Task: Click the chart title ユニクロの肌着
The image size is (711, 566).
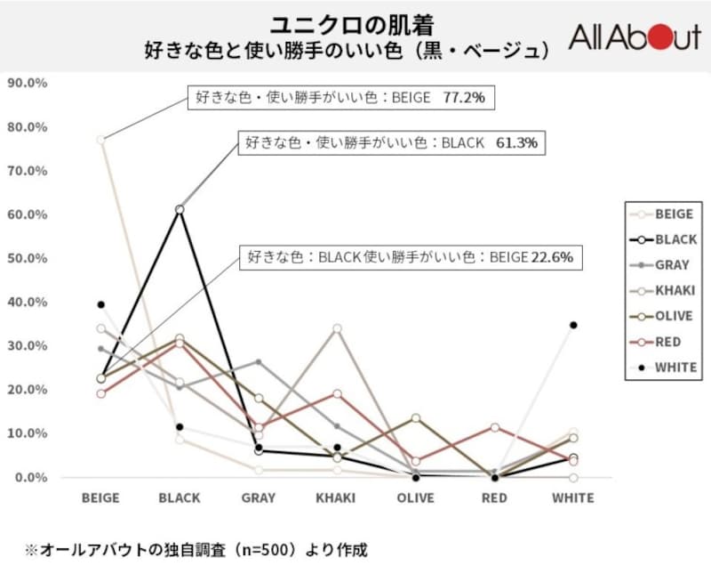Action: tap(354, 22)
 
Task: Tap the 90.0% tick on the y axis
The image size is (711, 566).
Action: tap(27, 83)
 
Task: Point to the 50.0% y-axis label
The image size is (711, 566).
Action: tap(27, 258)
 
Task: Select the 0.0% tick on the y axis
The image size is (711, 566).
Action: tap(29, 478)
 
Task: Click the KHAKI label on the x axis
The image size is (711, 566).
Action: tap(335, 498)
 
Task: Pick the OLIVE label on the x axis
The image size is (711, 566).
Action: tap(415, 498)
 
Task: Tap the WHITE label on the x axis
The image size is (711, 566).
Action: tap(573, 498)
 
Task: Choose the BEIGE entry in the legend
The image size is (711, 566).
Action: tap(661, 214)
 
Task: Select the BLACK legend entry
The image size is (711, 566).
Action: tap(661, 239)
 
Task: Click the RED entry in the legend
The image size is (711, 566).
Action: tap(661, 341)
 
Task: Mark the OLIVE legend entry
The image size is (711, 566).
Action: tap(661, 316)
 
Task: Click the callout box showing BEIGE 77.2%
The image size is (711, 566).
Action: tap(340, 98)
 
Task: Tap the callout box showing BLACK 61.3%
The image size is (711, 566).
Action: tap(391, 143)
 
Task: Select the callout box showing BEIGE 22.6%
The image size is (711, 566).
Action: tap(411, 257)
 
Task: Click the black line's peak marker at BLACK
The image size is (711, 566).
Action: tap(180, 209)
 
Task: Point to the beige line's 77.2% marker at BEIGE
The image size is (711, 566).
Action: tap(101, 140)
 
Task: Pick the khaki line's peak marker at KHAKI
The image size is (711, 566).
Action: tap(337, 328)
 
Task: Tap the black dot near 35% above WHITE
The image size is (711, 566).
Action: tap(573, 325)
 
